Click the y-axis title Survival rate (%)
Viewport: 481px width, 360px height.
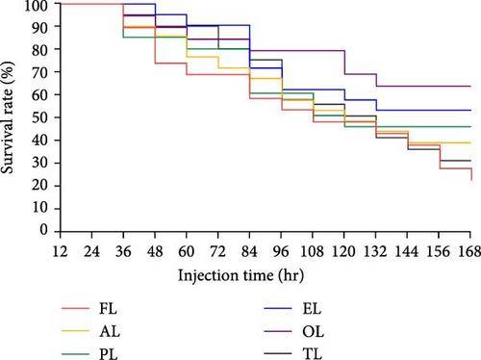tap(8, 117)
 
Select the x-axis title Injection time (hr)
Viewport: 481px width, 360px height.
tap(240, 275)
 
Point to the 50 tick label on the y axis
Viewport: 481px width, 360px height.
tap(40, 117)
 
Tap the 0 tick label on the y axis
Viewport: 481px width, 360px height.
tap(44, 230)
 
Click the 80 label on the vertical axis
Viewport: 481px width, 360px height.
tap(40, 50)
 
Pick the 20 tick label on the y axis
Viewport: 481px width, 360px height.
tap(40, 186)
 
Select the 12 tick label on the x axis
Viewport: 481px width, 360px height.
tap(61, 251)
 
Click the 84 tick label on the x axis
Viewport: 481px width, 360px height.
tap(249, 251)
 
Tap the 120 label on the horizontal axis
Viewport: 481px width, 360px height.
tap(343, 251)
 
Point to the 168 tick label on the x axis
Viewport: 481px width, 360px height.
tap(469, 251)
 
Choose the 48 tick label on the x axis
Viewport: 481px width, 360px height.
tap(155, 251)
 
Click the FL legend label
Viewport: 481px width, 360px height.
tap(108, 309)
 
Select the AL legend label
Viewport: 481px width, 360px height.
tap(110, 331)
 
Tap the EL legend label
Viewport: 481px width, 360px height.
tap(312, 309)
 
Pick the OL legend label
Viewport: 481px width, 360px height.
tap(313, 331)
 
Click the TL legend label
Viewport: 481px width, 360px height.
tap(313, 354)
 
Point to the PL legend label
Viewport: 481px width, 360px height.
tap(109, 354)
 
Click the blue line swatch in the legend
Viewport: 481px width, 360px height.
tap(278, 309)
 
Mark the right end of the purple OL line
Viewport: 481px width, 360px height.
tap(470, 86)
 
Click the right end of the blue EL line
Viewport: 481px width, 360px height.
tap(470, 110)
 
